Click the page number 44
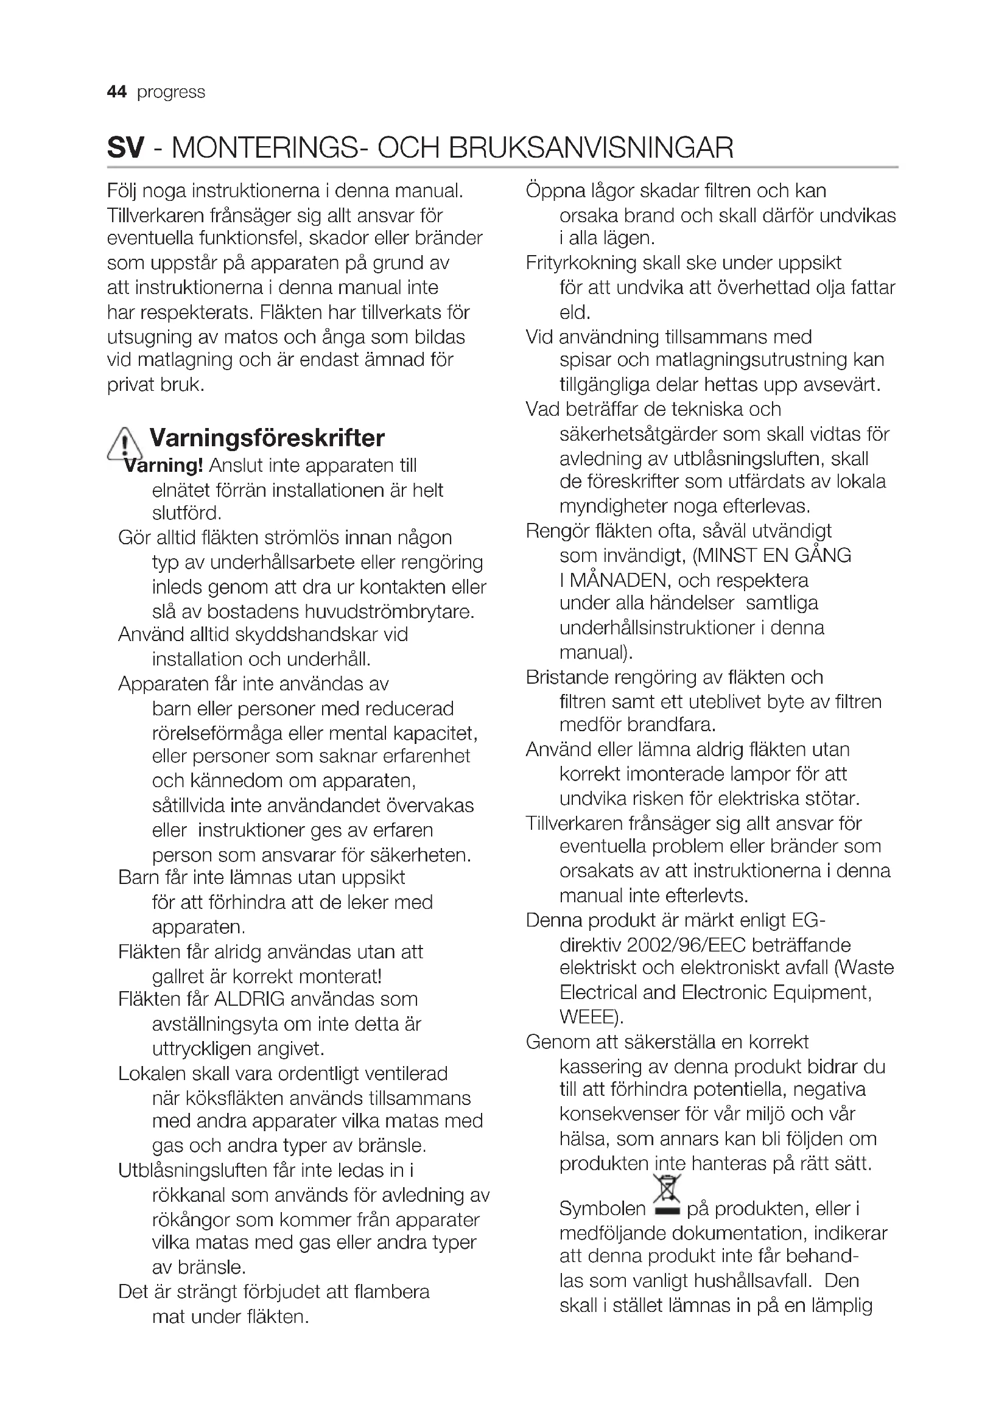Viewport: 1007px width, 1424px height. click(x=116, y=92)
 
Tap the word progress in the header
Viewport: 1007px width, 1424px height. click(x=170, y=93)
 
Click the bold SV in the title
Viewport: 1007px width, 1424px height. click(x=125, y=147)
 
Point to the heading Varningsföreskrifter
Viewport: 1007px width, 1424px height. click(x=267, y=438)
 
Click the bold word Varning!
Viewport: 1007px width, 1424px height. click(x=164, y=465)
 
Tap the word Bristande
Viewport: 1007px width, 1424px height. click(x=566, y=677)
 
